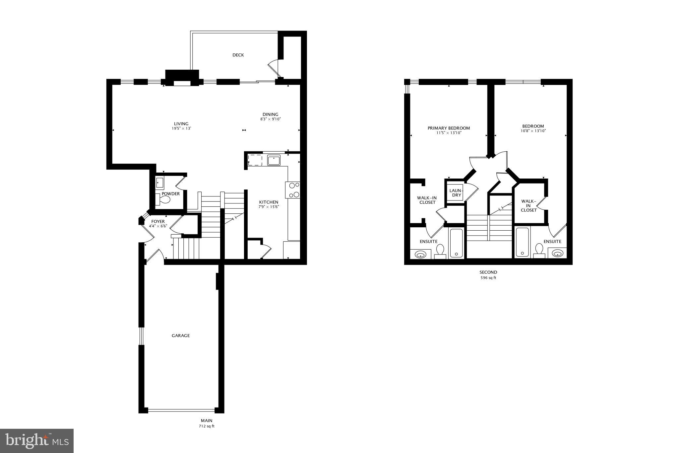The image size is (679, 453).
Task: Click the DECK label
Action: tap(238, 55)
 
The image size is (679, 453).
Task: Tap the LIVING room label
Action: tap(181, 124)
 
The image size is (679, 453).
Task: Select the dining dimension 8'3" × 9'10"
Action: tap(271, 119)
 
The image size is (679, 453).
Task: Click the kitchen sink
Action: tap(274, 161)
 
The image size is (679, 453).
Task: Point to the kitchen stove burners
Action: tap(293, 190)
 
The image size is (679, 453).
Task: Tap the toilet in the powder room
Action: tap(163, 200)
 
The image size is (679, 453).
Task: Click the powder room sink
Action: tap(160, 183)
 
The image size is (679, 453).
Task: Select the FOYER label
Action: tap(158, 222)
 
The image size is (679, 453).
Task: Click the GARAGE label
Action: tap(181, 336)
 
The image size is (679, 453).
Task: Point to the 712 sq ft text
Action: tap(207, 426)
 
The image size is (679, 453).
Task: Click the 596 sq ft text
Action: tap(488, 278)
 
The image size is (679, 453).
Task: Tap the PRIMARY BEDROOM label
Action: tap(449, 128)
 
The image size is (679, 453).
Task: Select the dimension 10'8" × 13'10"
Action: tap(533, 131)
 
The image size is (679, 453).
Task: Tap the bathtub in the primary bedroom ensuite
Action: tap(457, 243)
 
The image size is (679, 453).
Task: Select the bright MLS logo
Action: tap(37, 441)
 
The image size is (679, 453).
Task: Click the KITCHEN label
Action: tap(269, 202)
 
